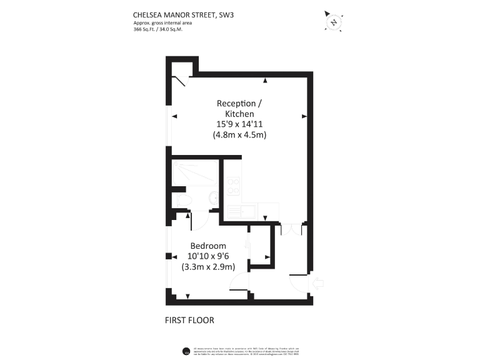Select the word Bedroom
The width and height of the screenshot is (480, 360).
208,246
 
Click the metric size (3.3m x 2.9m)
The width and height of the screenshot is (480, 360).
208,266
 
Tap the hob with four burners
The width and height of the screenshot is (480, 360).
234,185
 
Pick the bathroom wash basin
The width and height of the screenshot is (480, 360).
214,197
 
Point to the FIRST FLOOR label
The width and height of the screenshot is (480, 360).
189,321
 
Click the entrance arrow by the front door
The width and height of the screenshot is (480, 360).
317,284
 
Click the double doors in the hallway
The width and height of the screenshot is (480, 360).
291,228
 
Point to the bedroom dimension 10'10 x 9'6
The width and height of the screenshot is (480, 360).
208,256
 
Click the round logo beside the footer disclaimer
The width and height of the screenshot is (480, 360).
186,351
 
